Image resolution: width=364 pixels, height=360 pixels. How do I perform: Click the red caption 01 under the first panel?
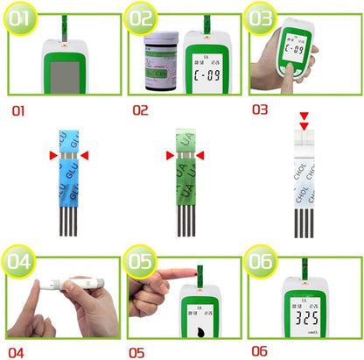click(x=19, y=111)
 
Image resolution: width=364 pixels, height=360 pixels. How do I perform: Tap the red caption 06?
click(x=259, y=350)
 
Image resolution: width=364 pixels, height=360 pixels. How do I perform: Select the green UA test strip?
click(x=184, y=180)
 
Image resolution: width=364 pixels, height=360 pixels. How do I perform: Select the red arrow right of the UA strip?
click(x=201, y=155)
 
